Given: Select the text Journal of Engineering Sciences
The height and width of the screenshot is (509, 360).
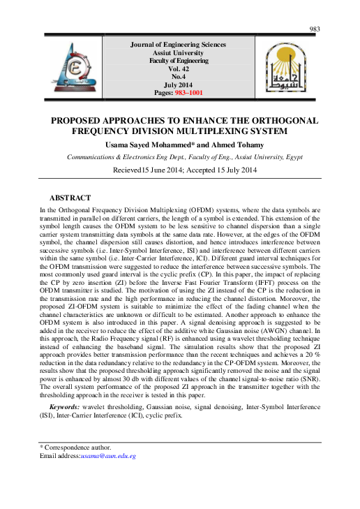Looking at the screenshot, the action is click(x=179, y=45).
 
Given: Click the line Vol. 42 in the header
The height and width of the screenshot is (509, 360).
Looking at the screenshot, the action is click(x=179, y=68).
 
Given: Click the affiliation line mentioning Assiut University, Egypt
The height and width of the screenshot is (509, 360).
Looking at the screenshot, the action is click(x=184, y=157).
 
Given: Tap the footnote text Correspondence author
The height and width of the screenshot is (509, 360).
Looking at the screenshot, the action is click(x=78, y=447).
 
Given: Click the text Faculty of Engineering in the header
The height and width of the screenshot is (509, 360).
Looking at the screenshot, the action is click(x=179, y=61).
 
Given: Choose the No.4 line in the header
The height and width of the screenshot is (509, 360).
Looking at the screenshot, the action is click(x=179, y=76).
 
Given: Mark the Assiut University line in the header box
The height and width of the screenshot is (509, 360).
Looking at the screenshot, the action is click(x=179, y=53).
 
